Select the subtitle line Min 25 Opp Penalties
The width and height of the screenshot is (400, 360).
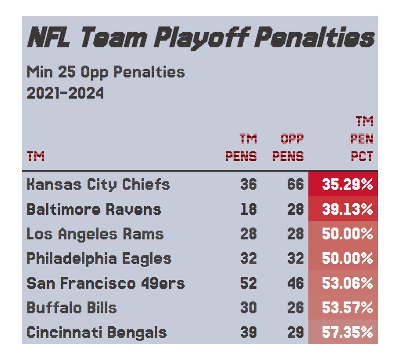(106, 72)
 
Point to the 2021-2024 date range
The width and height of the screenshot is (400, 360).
(65, 93)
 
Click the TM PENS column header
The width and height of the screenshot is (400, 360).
(241, 148)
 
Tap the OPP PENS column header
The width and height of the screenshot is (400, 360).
(288, 148)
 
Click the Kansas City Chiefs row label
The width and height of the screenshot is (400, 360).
(98, 184)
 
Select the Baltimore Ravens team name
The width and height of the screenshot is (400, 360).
(94, 209)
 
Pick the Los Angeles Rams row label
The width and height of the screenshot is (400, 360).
(95, 234)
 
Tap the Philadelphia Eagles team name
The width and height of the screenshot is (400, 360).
(99, 258)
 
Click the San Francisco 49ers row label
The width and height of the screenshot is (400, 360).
(106, 283)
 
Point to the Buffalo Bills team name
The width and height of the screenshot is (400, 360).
(72, 307)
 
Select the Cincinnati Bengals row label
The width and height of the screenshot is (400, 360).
(97, 332)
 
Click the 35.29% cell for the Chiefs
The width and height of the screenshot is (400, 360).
(347, 184)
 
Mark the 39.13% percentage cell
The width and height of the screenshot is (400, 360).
(347, 209)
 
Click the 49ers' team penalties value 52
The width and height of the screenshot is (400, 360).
(248, 283)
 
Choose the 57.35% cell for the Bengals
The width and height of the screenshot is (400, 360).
(347, 332)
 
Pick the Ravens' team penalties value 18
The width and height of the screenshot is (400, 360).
(248, 209)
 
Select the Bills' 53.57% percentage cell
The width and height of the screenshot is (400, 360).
(347, 307)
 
